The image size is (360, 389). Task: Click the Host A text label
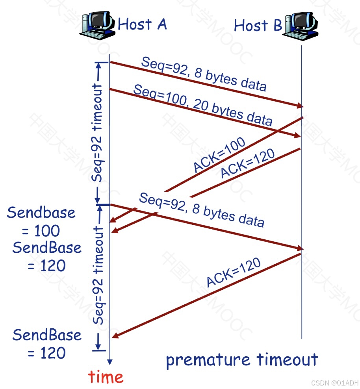click(x=142, y=24)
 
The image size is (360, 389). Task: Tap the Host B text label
click(x=258, y=26)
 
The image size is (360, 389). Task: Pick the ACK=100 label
click(x=219, y=155)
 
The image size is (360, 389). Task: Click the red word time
click(x=106, y=377)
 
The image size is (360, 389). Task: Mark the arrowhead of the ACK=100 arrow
click(x=112, y=220)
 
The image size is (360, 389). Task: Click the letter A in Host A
click(x=161, y=24)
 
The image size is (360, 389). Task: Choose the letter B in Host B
click(x=277, y=26)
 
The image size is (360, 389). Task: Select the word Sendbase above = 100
click(x=41, y=213)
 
